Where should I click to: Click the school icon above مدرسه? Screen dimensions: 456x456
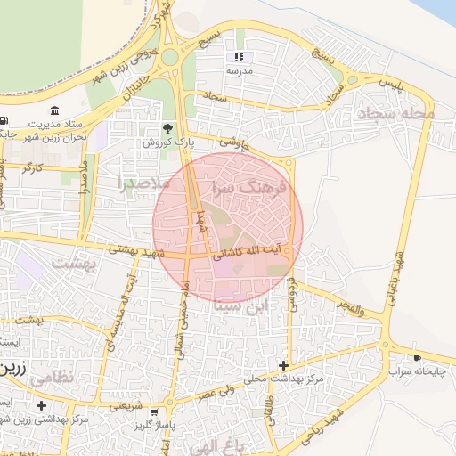[239, 57]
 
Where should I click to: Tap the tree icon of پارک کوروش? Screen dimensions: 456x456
[169, 129]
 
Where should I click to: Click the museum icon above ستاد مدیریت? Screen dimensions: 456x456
[56, 110]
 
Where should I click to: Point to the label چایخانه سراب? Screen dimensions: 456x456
[418, 370]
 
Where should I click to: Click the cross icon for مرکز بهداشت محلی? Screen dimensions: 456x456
[283, 365]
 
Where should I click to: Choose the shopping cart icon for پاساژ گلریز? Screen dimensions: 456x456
[155, 412]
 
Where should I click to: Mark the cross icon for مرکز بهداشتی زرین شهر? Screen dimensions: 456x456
[41, 405]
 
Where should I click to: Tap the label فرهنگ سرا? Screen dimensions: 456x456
[248, 190]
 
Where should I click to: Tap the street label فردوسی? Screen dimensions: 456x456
[292, 293]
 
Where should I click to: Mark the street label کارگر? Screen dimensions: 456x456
[34, 167]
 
